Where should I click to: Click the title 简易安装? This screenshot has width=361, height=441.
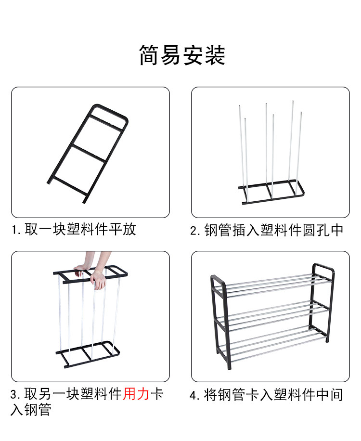tap(182, 55)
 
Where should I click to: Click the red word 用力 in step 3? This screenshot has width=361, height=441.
tap(137, 395)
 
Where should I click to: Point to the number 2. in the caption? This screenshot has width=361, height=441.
tap(196, 231)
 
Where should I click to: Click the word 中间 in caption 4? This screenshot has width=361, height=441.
tap(330, 396)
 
